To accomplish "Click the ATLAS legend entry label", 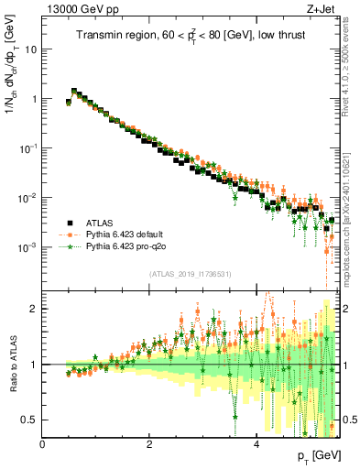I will coord(100,223).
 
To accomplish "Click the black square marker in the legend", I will coord(70,223).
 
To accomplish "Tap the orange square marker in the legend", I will coord(70,234).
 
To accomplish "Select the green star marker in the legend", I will coord(70,246).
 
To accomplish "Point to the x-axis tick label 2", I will coord(149,444).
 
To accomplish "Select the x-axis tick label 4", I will coord(256,444).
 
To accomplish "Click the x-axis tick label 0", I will coord(43,444).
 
